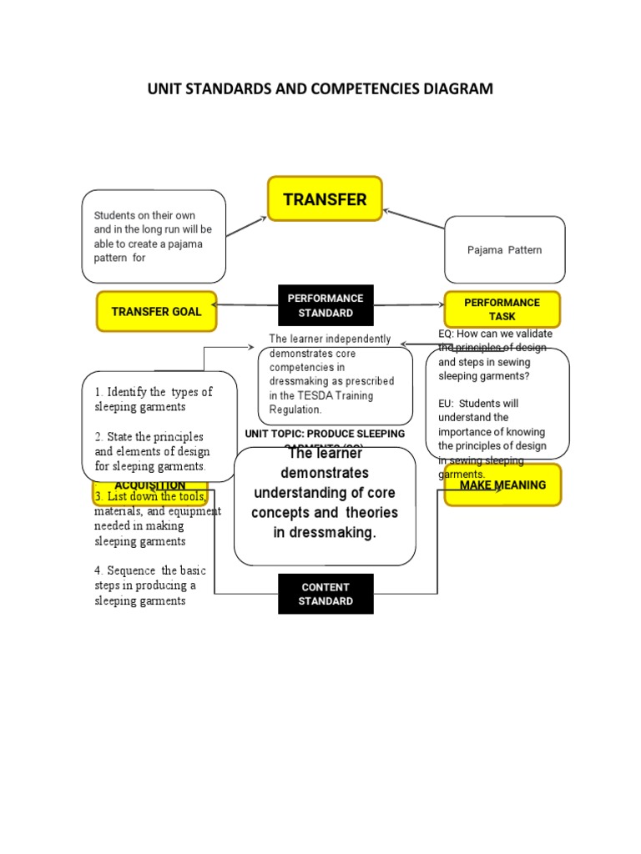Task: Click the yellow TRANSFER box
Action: pyautogui.click(x=325, y=198)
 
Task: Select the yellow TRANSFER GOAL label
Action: pyautogui.click(x=156, y=312)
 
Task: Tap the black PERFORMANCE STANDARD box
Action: pyautogui.click(x=326, y=305)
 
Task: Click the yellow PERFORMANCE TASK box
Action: pyautogui.click(x=502, y=309)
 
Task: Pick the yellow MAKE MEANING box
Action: pyautogui.click(x=502, y=485)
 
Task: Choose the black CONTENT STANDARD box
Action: pyautogui.click(x=326, y=594)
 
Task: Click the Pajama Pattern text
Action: pyautogui.click(x=504, y=250)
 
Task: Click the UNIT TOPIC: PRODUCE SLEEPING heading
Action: pyautogui.click(x=325, y=434)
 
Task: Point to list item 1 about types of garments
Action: pyautogui.click(x=153, y=399)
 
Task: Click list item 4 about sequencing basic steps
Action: pyautogui.click(x=150, y=585)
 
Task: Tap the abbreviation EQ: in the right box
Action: pyautogui.click(x=447, y=334)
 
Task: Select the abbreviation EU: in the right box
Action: pyautogui.click(x=447, y=403)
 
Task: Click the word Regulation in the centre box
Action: pyautogui.click(x=295, y=409)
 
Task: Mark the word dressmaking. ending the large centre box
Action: pyautogui.click(x=326, y=533)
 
